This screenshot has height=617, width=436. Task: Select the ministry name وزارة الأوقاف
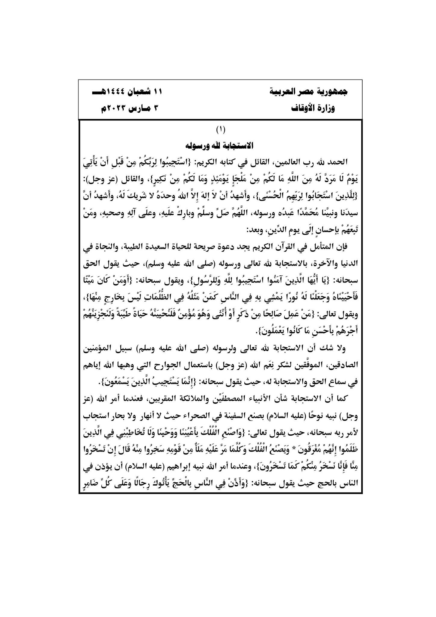pyautogui.click(x=313, y=108)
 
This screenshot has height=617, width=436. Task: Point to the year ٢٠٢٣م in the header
pyautogui.click(x=110, y=108)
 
